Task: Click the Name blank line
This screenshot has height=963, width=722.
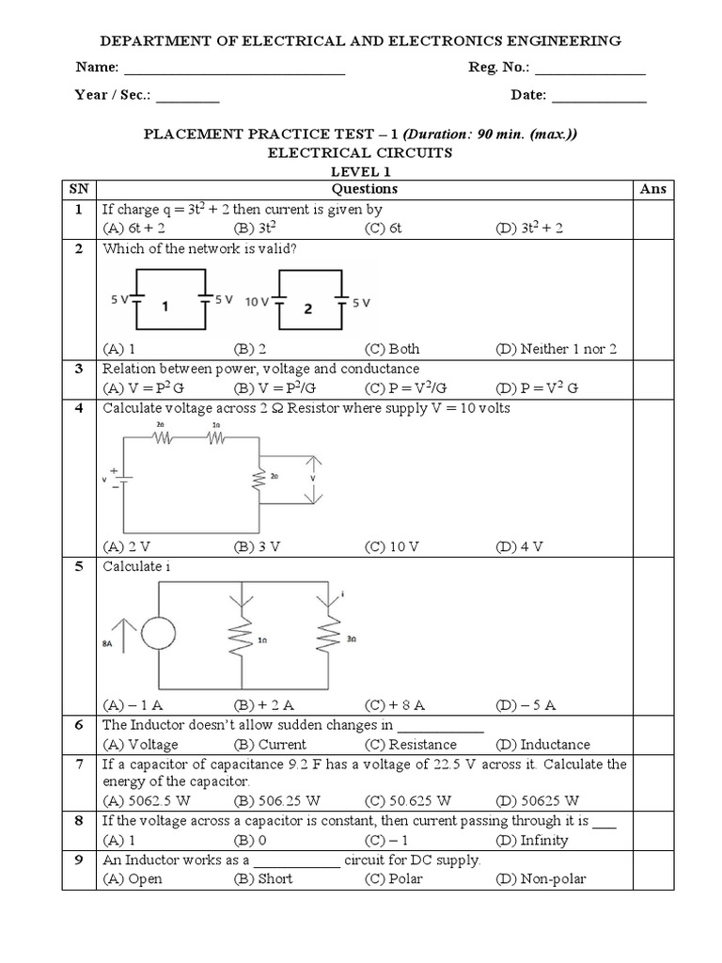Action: tap(234, 72)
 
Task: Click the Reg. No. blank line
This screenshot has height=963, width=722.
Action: tap(589, 72)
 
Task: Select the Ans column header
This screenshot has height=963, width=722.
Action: tap(652, 189)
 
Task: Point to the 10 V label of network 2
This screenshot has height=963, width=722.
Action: tap(257, 303)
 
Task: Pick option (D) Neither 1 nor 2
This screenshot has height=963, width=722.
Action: tap(556, 349)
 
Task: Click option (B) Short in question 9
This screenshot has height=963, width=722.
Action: tap(262, 878)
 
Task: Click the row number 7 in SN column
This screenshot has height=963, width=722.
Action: tap(80, 765)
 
